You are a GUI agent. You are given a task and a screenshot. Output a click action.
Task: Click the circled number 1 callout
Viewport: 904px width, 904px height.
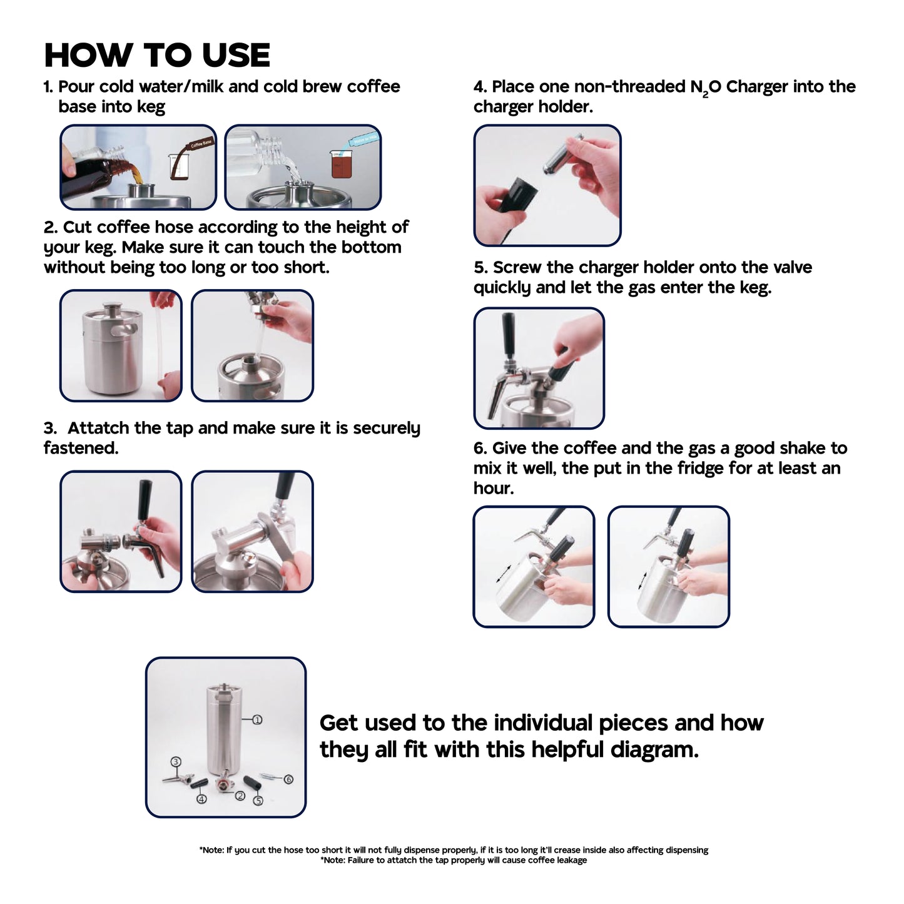pyautogui.click(x=257, y=719)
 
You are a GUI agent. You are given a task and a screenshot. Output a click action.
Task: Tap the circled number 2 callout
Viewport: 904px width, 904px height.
pyautogui.click(x=240, y=796)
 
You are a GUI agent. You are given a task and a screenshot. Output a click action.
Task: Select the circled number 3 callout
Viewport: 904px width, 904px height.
pyautogui.click(x=176, y=761)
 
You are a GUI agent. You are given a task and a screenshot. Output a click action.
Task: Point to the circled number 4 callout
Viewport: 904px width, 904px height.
pyautogui.click(x=201, y=799)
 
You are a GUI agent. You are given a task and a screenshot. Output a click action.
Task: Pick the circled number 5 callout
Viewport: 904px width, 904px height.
pyautogui.click(x=258, y=800)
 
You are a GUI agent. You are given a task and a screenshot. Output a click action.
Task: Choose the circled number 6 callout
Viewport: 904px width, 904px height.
pyautogui.click(x=288, y=780)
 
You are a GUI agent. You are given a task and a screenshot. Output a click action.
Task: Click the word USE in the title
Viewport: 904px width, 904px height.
pyautogui.click(x=236, y=55)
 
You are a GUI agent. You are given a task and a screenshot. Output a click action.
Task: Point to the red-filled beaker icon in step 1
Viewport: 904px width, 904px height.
pyautogui.click(x=342, y=165)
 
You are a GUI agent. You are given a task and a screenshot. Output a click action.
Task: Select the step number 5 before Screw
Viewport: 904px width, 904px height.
pyautogui.click(x=480, y=267)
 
